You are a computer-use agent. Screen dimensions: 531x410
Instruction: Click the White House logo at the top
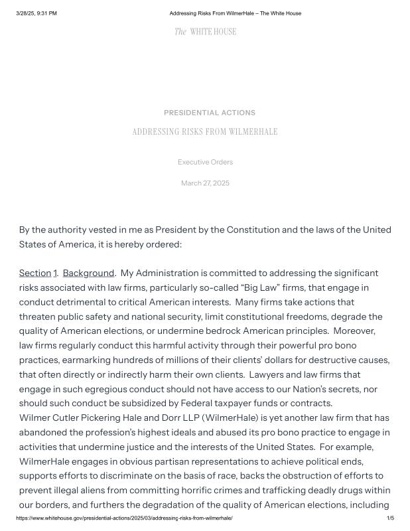click(205, 31)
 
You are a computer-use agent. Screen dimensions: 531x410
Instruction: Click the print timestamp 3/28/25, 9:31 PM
click(36, 13)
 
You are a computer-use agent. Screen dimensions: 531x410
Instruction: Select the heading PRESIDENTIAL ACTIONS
click(209, 113)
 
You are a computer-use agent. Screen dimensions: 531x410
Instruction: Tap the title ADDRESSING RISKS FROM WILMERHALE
click(205, 132)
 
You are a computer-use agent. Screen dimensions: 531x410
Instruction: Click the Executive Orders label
click(205, 162)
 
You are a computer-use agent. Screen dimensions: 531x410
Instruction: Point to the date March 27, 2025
click(205, 183)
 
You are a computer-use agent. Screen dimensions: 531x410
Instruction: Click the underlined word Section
click(35, 273)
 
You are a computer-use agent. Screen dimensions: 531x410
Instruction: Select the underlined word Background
click(88, 273)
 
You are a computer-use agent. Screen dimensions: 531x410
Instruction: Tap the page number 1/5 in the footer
click(390, 518)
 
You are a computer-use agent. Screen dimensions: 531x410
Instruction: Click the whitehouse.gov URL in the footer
click(124, 518)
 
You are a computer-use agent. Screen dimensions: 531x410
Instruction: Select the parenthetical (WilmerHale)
click(235, 417)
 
